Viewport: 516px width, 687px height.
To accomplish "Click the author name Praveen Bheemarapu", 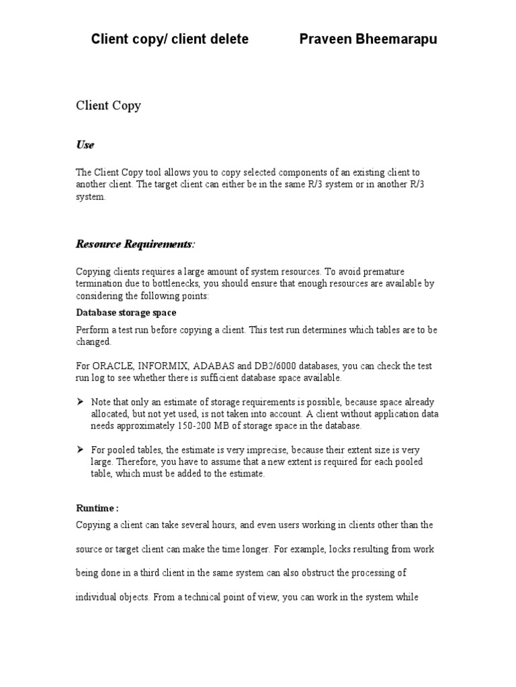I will pos(368,39).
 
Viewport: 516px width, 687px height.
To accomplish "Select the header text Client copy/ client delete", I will pos(169,39).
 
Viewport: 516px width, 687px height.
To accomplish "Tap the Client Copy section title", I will pos(108,105).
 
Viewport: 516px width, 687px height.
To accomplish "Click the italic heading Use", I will pos(85,145).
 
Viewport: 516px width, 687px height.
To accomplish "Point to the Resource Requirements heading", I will pos(134,244).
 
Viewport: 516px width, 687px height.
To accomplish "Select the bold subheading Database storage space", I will pos(126,313).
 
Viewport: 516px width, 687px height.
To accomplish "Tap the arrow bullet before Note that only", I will pos(80,401).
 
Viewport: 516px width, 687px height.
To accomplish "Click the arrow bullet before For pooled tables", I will pos(80,450).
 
